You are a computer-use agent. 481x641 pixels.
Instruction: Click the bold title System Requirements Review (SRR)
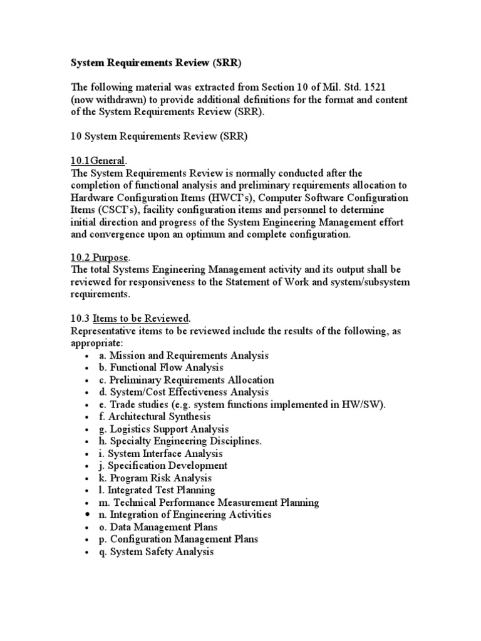point(155,63)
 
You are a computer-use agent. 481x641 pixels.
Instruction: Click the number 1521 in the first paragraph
point(376,88)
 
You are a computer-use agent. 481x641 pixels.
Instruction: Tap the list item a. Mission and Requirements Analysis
point(183,356)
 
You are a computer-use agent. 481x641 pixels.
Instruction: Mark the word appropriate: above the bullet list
point(96,344)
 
